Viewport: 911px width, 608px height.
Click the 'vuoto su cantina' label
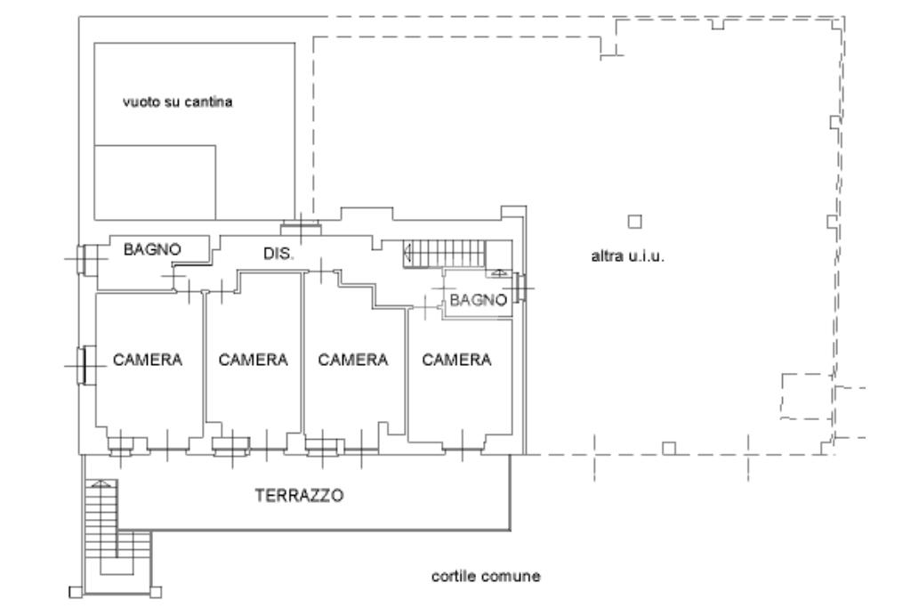coord(177,102)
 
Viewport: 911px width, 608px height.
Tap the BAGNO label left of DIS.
coord(152,250)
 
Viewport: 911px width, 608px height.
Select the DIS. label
coord(278,254)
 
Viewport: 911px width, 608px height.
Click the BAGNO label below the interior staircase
coord(478,301)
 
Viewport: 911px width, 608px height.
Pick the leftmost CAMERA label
coord(148,360)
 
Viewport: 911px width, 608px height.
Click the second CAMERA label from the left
coord(254,360)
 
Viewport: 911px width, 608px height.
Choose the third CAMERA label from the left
coord(353,360)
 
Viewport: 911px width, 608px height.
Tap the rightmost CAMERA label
coord(456,360)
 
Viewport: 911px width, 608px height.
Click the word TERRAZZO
coord(300,495)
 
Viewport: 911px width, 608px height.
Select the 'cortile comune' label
coord(486,577)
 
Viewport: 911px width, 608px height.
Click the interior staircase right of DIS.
coord(446,254)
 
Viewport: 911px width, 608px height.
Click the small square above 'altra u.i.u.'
coord(634,221)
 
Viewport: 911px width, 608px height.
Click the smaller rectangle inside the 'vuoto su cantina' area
coord(155,182)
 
